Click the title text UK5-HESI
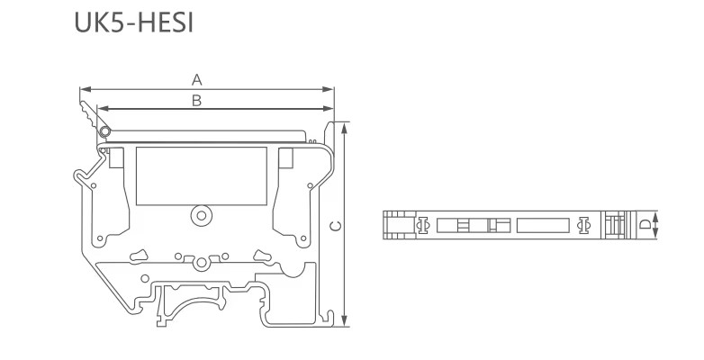pos(134,22)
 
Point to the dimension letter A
pos(196,80)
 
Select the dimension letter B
pos(196,101)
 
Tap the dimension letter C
pos(336,226)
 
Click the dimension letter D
pos(645,224)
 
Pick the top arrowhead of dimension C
pos(345,128)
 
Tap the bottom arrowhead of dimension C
pos(345,320)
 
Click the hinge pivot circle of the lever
pos(105,131)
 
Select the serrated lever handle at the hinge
pos(90,114)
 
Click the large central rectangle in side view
pos(202,176)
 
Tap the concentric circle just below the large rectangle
pos(201,216)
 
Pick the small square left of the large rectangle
pos(116,157)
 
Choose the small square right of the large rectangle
pos(285,157)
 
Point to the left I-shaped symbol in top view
pos(422,225)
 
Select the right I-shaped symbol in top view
pos(583,225)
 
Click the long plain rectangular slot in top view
pos(543,225)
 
